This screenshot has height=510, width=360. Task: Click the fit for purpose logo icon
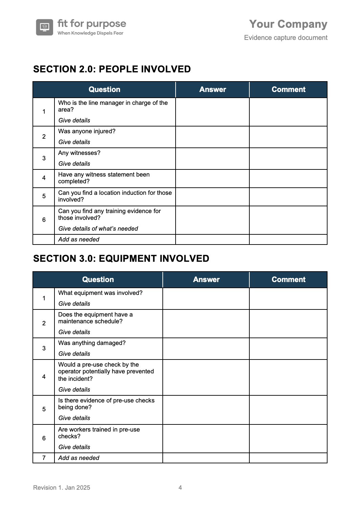(x=44, y=27)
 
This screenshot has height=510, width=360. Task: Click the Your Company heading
(x=288, y=24)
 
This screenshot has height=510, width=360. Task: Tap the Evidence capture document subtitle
(x=286, y=38)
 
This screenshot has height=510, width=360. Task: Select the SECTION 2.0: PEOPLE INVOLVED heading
(x=112, y=69)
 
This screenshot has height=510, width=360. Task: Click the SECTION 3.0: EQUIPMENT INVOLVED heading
(x=121, y=258)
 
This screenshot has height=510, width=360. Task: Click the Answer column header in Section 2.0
(x=212, y=90)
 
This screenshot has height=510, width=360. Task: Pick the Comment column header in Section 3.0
(x=288, y=280)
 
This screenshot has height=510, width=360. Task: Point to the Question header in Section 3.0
(x=98, y=280)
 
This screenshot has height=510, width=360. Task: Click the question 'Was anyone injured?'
(x=87, y=131)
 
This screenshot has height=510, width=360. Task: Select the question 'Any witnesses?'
(x=79, y=153)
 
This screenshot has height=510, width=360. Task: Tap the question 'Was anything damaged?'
(x=92, y=343)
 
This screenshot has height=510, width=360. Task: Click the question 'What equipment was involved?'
(x=100, y=293)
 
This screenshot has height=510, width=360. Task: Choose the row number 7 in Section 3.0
(x=44, y=458)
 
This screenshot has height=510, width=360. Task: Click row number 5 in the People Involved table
(x=44, y=196)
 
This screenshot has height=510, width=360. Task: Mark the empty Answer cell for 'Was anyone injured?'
(x=212, y=137)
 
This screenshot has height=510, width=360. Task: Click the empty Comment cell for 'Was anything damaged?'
(x=288, y=349)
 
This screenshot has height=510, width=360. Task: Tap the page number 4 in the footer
(x=180, y=488)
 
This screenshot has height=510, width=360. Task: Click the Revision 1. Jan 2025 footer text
(x=62, y=488)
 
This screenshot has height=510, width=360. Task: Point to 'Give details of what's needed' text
(x=98, y=229)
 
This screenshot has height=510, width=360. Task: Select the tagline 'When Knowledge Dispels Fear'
(x=90, y=33)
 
